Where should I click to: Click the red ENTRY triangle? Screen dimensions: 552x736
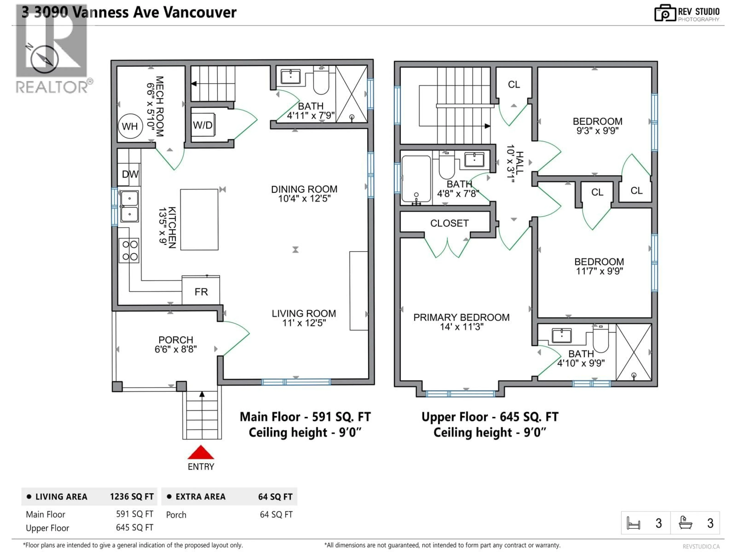pyautogui.click(x=201, y=453)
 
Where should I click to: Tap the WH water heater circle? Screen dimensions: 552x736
pyautogui.click(x=130, y=127)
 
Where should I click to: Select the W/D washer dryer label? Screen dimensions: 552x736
pyautogui.click(x=203, y=125)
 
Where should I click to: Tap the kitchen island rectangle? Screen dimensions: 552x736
pyautogui.click(x=199, y=220)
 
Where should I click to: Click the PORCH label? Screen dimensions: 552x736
pyautogui.click(x=176, y=340)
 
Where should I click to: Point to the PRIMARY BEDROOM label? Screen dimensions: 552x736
pyautogui.click(x=461, y=317)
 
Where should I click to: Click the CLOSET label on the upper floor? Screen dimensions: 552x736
pyautogui.click(x=449, y=223)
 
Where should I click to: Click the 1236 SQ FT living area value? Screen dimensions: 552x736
pyautogui.click(x=132, y=497)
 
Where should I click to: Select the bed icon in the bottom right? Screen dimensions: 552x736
pyautogui.click(x=633, y=523)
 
